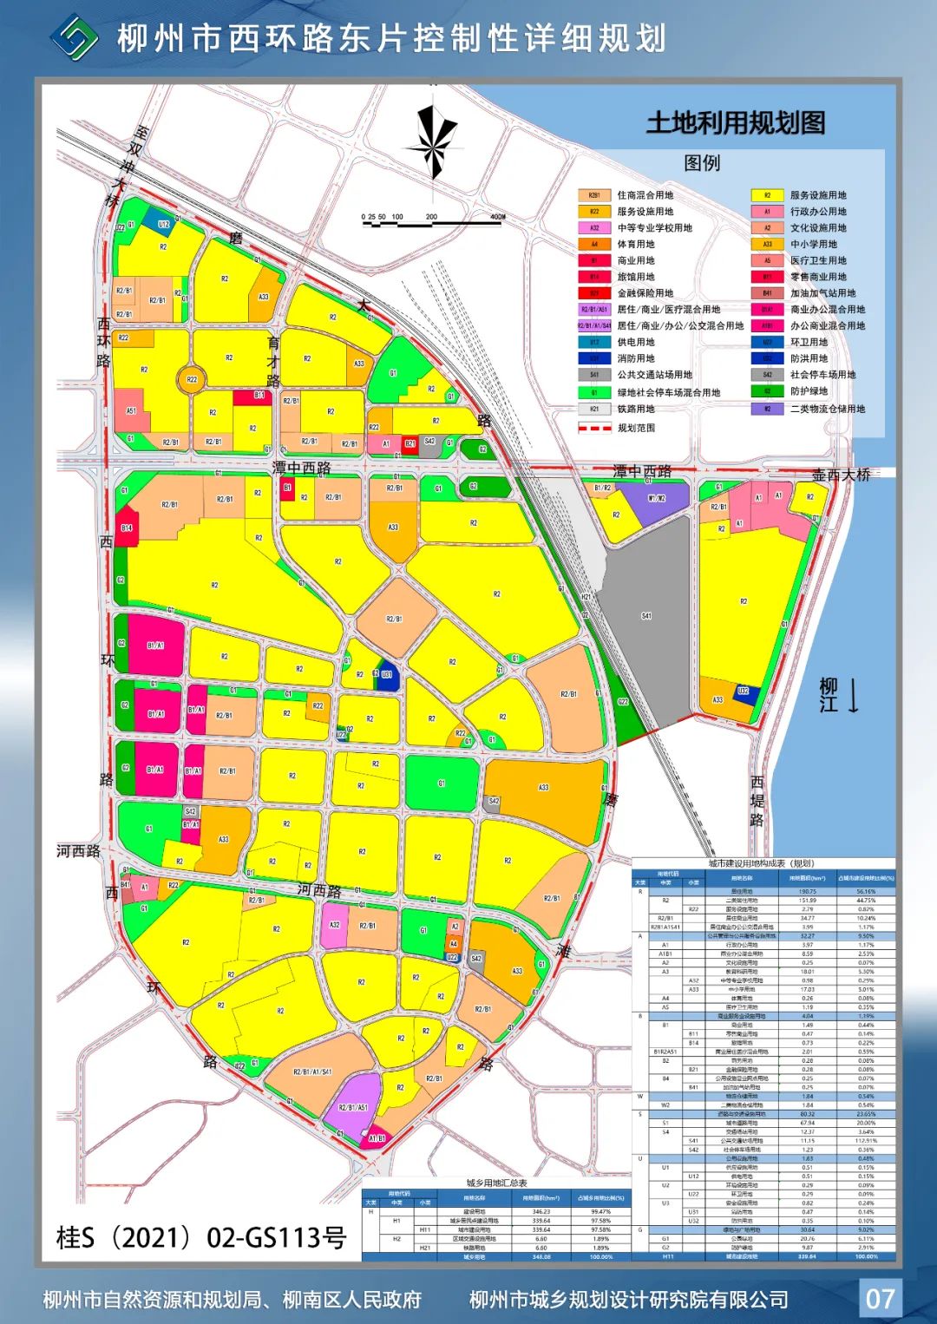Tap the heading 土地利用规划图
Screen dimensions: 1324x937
coord(735,123)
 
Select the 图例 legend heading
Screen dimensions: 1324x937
coord(702,163)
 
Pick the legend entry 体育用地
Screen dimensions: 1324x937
coord(636,245)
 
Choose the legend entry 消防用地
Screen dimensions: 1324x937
coord(636,358)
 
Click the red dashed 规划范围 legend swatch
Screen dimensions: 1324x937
coord(595,428)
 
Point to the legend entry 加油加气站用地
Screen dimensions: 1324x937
coord(822,293)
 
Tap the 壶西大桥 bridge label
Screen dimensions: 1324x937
coord(841,475)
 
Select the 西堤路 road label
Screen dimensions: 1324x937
coord(757,801)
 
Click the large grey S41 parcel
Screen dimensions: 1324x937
coord(646,616)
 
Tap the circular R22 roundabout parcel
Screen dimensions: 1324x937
coord(192,379)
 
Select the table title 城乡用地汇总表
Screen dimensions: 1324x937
coord(496,1183)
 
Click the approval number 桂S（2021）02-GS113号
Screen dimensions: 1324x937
coord(201,1237)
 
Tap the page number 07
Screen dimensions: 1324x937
coord(880,1298)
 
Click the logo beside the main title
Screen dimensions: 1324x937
coord(75,37)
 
